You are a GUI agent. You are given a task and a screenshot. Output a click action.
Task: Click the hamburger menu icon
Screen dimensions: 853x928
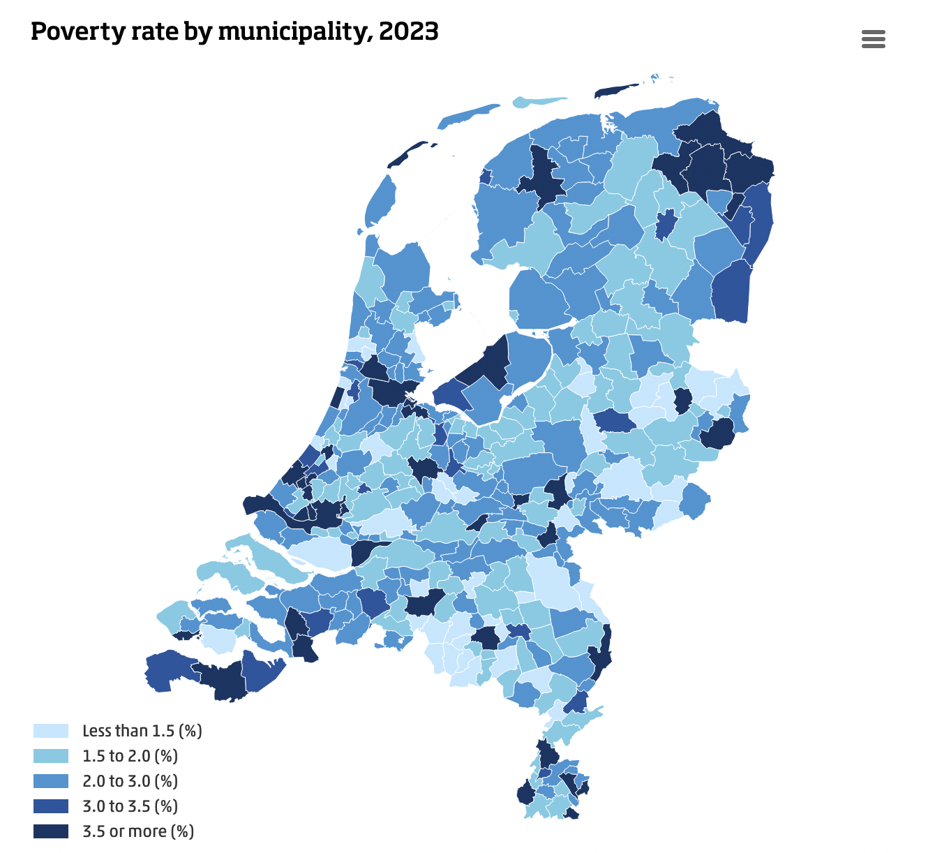[873, 39]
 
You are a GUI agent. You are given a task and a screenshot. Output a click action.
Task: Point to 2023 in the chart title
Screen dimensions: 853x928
[409, 32]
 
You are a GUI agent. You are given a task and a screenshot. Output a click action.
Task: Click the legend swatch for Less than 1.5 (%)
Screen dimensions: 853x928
[51, 731]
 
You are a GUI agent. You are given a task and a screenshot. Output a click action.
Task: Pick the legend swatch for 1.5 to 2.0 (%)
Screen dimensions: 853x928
[51, 756]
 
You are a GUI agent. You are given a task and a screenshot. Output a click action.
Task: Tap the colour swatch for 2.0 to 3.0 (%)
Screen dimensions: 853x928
[51, 781]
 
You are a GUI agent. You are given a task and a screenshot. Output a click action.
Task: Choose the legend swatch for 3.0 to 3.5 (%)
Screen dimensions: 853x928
[51, 806]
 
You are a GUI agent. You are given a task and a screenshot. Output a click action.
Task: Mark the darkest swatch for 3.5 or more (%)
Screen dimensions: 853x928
[51, 831]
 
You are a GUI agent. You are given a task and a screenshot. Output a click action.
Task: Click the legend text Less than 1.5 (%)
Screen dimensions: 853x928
[142, 731]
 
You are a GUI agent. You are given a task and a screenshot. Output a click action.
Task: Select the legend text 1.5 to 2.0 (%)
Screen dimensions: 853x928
[130, 756]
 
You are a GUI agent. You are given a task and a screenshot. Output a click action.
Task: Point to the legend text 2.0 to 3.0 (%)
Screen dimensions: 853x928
[130, 781]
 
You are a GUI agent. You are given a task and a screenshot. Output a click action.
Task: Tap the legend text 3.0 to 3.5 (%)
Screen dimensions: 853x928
[130, 806]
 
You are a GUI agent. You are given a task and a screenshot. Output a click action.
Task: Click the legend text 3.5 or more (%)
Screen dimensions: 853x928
[138, 831]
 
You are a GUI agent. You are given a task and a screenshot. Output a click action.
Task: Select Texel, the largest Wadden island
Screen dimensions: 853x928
[380, 202]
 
